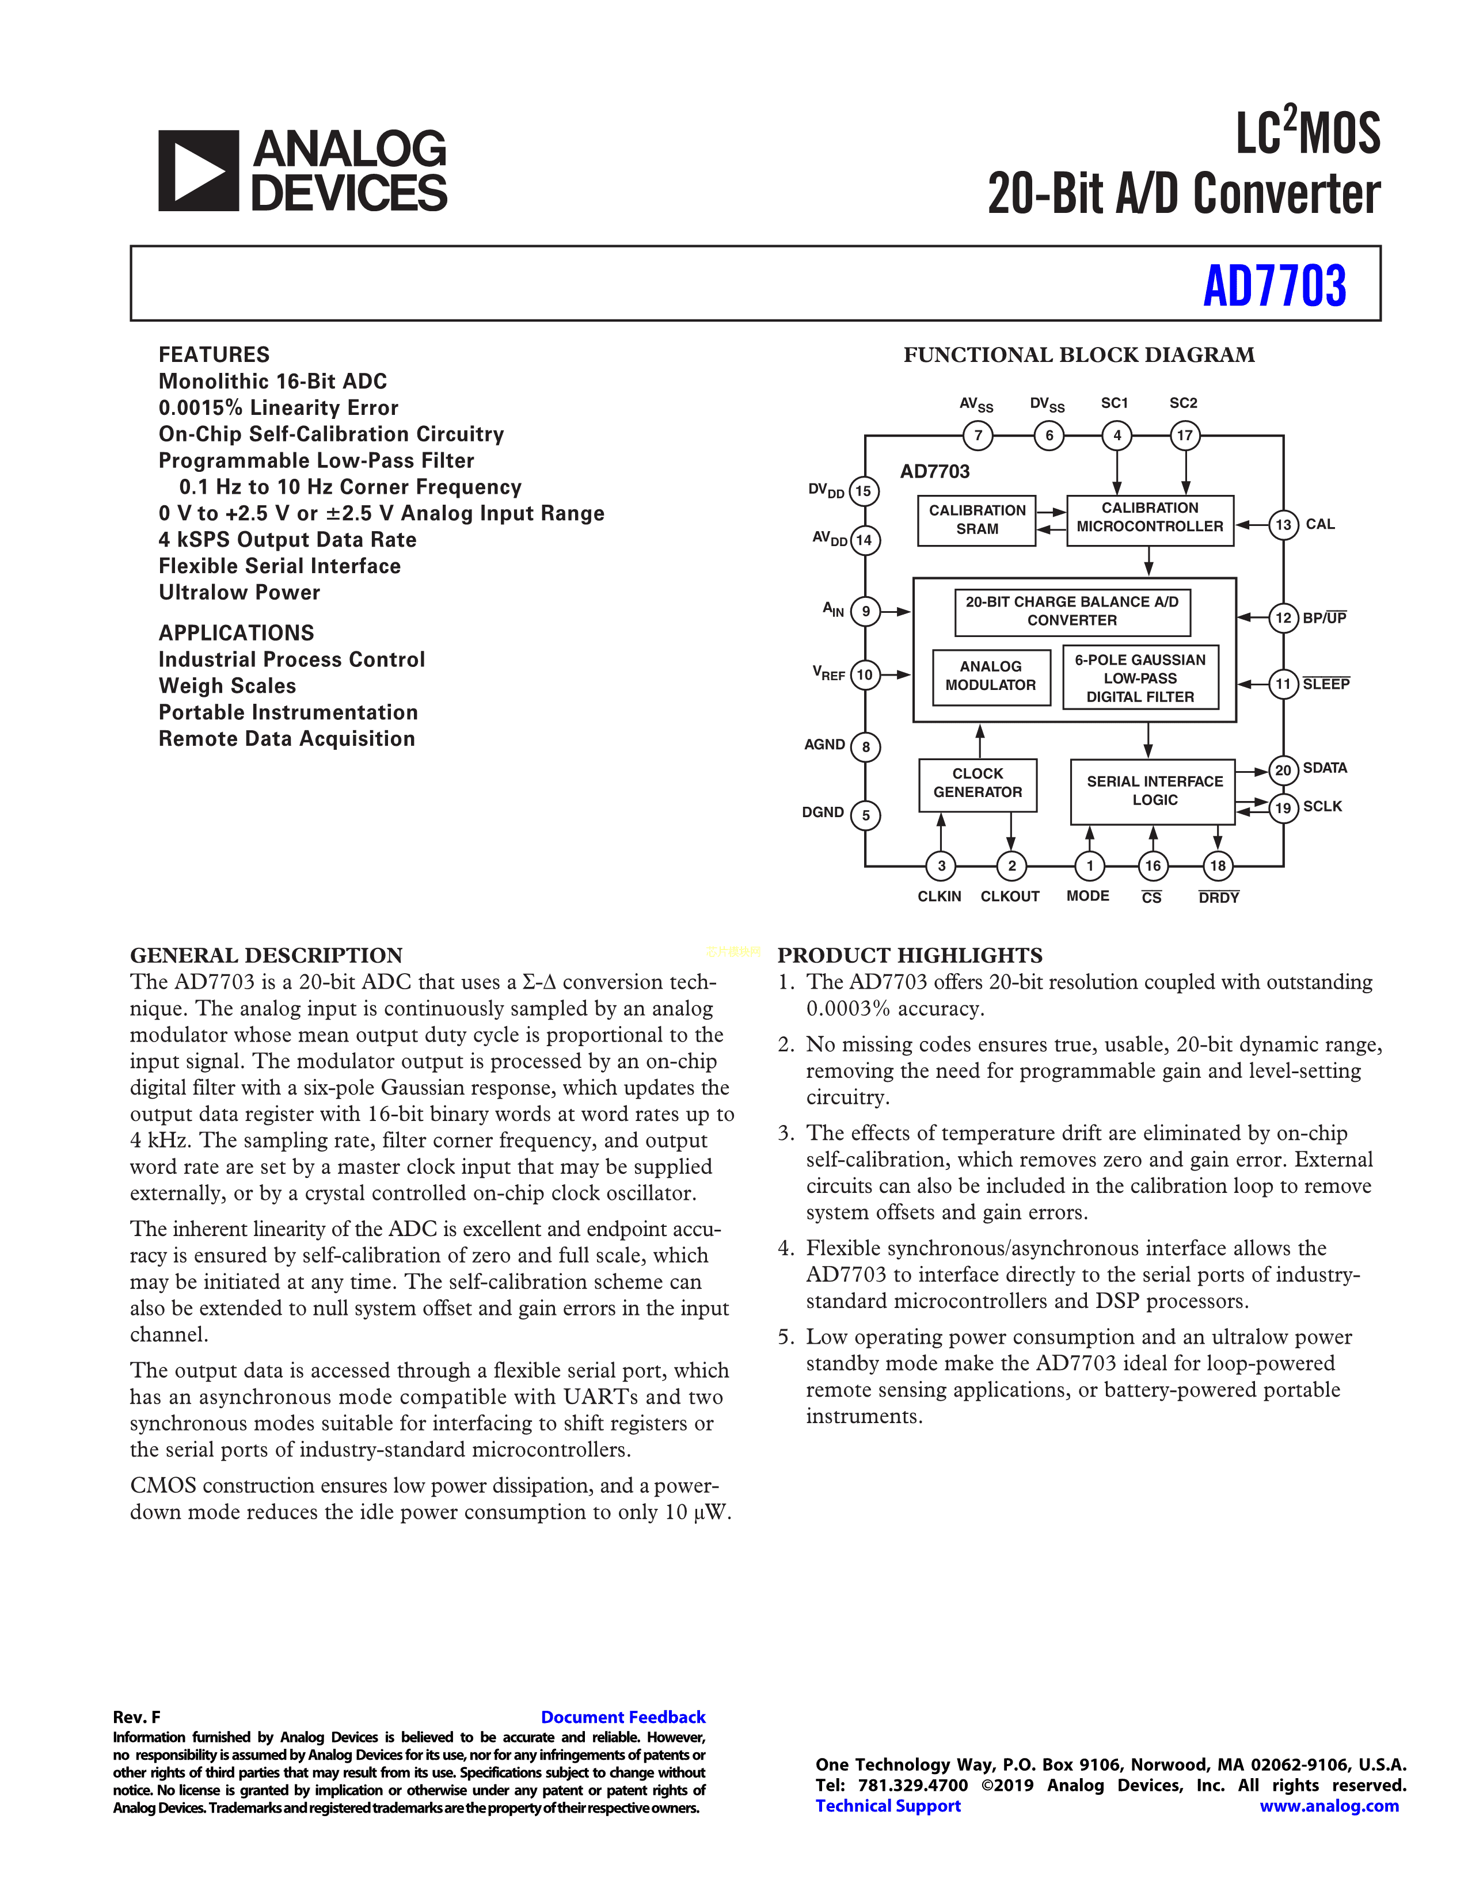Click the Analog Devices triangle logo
(198, 170)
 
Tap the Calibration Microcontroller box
(1150, 518)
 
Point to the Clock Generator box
(978, 783)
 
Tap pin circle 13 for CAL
(1283, 525)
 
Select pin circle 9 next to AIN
(865, 611)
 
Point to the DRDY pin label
(1218, 897)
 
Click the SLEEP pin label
(1325, 684)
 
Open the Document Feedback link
(623, 1717)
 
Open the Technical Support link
(888, 1806)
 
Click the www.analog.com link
(1329, 1806)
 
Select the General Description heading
(266, 956)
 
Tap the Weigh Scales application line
(227, 686)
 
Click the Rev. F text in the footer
(136, 1717)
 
